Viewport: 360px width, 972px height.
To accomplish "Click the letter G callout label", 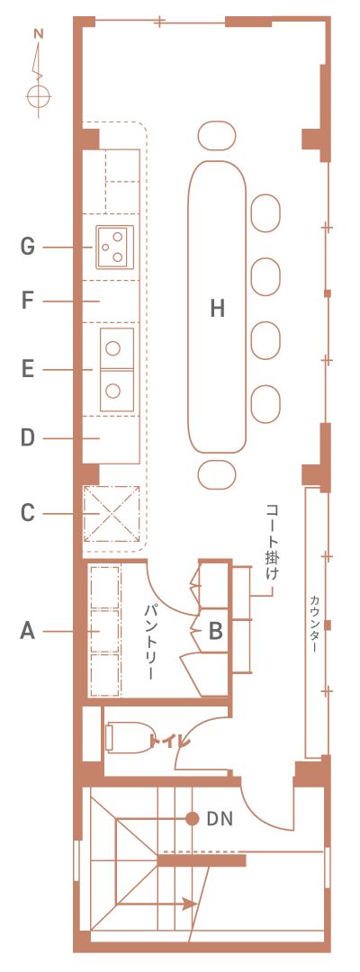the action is [x=27, y=247].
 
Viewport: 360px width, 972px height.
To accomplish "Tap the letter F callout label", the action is [x=27, y=301].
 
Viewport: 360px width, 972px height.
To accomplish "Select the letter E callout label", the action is [x=27, y=370].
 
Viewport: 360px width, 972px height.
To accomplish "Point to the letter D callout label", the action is [x=27, y=438].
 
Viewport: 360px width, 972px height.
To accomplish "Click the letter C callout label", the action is [x=27, y=513].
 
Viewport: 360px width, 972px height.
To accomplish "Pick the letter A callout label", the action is [x=27, y=631].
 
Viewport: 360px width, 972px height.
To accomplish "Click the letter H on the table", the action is [x=216, y=308].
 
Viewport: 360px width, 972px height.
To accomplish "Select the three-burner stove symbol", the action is [x=114, y=247].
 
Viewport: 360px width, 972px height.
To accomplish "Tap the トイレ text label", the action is [x=168, y=740].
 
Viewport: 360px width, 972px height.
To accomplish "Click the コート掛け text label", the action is [x=272, y=543].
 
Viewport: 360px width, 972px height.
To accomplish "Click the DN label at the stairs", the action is [x=220, y=818].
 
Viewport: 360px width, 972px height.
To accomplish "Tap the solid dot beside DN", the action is [x=193, y=818].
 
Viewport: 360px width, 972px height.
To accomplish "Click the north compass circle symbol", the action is [x=39, y=96].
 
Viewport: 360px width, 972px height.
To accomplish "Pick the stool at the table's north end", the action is [x=217, y=135].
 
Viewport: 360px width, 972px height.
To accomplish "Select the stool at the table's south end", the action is [x=217, y=475].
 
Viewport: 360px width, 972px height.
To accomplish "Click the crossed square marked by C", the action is [x=112, y=514].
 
